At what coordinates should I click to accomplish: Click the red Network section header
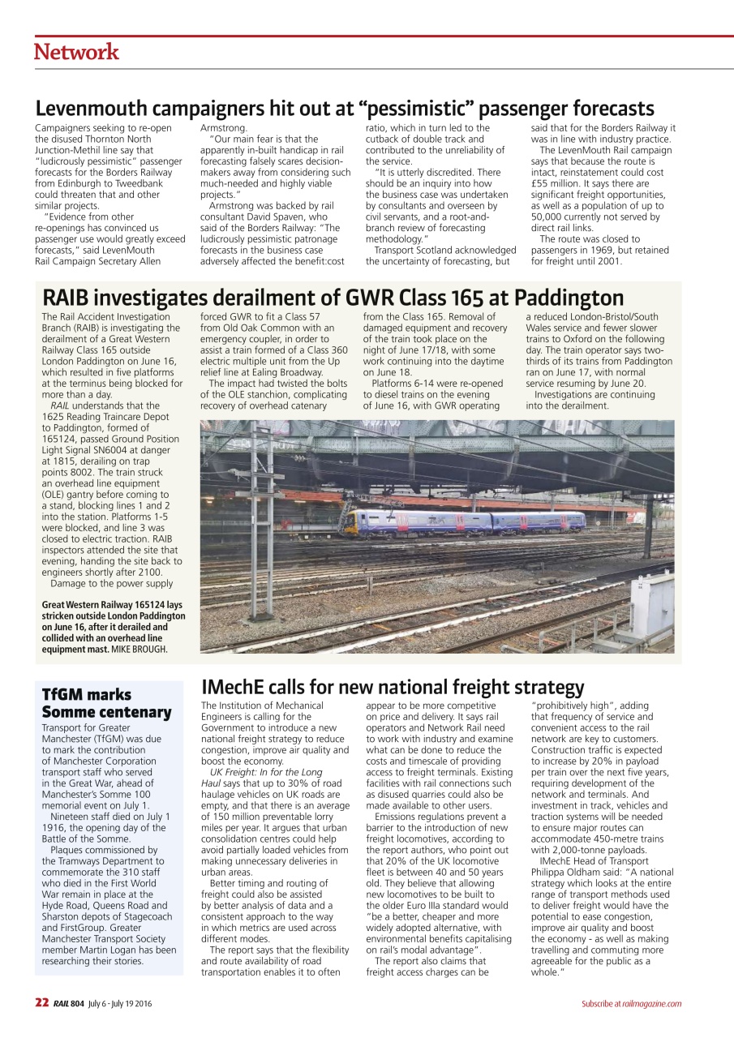(x=76, y=53)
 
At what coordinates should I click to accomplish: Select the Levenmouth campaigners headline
(x=345, y=108)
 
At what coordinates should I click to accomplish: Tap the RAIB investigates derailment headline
(x=333, y=297)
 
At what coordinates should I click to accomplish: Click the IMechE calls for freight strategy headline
(x=393, y=687)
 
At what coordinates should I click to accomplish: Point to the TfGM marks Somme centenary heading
(x=106, y=703)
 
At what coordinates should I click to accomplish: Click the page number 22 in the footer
(x=41, y=1003)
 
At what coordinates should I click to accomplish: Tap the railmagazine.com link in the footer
(x=652, y=1004)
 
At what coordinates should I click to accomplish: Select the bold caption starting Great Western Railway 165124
(x=113, y=627)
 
